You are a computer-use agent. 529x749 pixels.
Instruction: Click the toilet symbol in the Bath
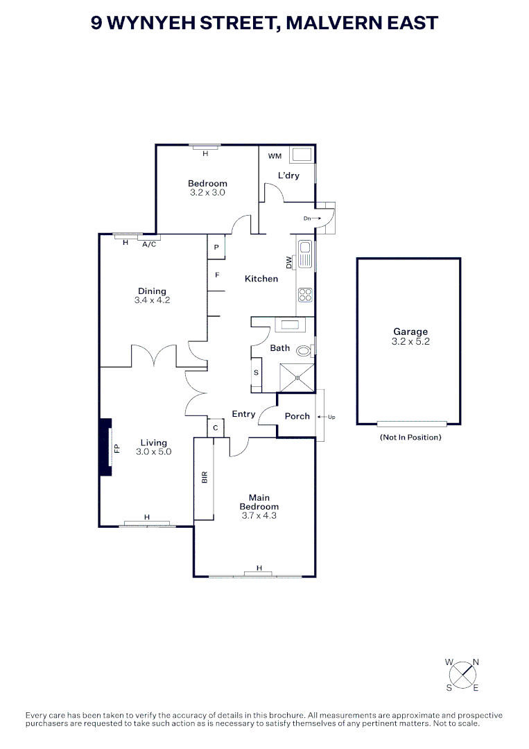click(x=304, y=350)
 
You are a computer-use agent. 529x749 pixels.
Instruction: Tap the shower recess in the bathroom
click(x=297, y=377)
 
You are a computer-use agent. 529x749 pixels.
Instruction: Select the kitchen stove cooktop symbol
click(x=305, y=295)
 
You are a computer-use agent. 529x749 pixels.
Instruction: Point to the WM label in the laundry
click(x=275, y=156)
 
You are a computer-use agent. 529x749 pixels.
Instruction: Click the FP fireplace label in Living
click(x=116, y=448)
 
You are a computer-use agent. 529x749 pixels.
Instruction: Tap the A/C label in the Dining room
click(x=148, y=244)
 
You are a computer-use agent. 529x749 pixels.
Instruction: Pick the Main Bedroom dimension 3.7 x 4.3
click(x=260, y=516)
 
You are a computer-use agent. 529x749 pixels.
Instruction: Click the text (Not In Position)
click(x=410, y=438)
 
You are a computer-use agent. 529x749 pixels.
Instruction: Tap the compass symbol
click(x=462, y=674)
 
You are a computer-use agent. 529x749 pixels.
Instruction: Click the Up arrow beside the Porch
click(x=327, y=417)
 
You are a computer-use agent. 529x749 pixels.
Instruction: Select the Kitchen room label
click(x=261, y=279)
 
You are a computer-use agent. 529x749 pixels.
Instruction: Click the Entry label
click(x=243, y=414)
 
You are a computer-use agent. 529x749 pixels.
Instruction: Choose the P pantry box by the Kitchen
click(x=216, y=248)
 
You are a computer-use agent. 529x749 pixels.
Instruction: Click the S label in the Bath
click(x=256, y=373)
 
